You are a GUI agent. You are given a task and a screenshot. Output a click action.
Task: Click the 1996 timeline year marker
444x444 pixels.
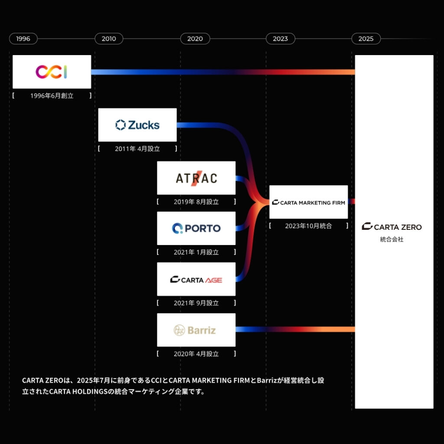23,39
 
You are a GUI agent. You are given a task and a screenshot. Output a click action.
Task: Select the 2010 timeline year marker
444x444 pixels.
109,39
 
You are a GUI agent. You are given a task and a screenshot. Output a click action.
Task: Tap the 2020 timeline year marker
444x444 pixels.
195,39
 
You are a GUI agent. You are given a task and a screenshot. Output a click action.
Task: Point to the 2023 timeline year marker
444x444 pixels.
280,39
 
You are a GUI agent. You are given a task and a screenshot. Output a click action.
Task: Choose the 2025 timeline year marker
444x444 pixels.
366,39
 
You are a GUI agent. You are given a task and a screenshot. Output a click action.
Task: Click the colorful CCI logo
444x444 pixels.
51,72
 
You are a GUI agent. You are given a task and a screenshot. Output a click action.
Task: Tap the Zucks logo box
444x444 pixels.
137,125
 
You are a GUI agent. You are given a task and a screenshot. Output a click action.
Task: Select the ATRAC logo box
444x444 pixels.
196,178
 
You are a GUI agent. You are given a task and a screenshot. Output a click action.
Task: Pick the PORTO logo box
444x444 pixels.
196,228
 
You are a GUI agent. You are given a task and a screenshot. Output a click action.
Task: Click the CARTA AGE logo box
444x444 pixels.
196,279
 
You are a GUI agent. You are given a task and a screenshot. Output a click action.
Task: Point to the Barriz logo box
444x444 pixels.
196,330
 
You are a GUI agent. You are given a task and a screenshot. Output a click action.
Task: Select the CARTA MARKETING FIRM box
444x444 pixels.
308,202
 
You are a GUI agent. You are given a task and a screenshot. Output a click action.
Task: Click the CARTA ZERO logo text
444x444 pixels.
392,227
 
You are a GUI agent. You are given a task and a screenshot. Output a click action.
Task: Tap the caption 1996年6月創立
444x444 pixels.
52,96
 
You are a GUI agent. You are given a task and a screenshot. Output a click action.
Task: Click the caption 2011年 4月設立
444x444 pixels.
137,149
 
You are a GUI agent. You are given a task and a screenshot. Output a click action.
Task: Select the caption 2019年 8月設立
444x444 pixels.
196,202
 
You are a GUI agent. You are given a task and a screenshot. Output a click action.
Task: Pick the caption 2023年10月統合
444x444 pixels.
308,226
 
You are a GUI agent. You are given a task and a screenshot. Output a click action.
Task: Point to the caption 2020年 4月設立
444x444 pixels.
196,354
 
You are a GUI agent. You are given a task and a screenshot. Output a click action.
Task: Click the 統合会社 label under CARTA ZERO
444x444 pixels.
392,239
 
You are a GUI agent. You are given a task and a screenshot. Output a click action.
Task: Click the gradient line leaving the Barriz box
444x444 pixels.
295,330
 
